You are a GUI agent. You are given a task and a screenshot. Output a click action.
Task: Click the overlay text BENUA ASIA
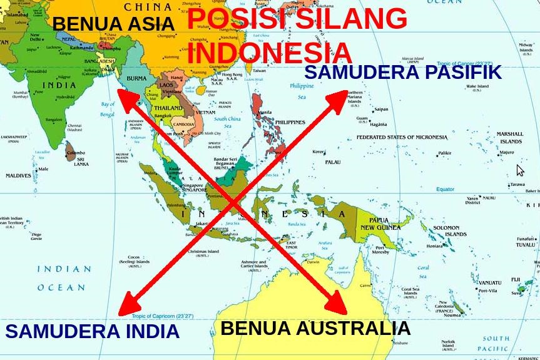(113, 24)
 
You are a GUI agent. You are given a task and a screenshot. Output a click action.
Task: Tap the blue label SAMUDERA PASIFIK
(402, 72)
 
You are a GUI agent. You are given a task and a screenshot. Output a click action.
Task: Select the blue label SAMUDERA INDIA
(93, 331)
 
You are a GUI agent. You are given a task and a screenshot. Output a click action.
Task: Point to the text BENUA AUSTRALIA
(315, 328)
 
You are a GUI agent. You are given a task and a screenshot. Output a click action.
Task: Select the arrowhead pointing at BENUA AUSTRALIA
(337, 305)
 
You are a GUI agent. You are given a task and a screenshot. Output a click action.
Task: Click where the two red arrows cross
(233, 202)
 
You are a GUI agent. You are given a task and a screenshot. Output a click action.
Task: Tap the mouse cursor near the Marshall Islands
(519, 170)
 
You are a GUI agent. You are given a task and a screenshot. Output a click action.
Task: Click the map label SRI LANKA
(81, 161)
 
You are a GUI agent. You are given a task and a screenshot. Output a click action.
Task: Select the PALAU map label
(332, 162)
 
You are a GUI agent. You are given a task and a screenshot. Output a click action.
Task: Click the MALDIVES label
(18, 176)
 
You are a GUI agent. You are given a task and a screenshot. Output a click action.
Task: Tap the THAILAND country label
(168, 108)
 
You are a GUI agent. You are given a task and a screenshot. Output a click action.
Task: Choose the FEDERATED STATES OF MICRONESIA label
(402, 137)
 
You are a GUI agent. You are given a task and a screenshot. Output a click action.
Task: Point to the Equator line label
(445, 189)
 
